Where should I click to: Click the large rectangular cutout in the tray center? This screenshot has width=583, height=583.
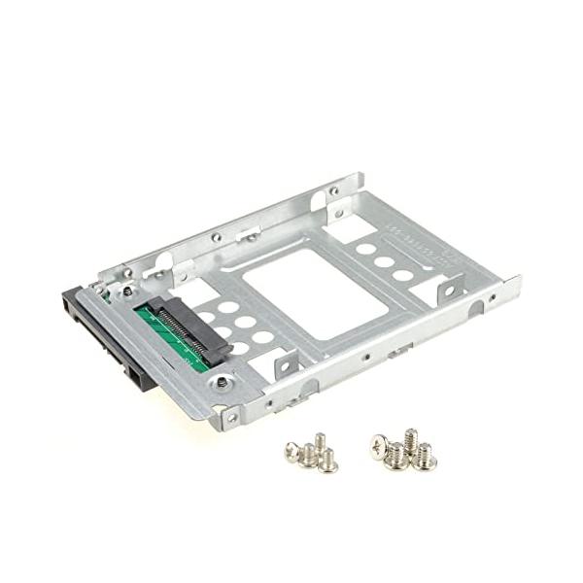(313, 291)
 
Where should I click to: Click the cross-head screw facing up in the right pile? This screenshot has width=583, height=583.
(378, 446)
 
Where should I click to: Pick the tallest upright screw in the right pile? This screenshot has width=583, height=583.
(410, 439)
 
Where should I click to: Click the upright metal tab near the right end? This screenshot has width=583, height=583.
(450, 288)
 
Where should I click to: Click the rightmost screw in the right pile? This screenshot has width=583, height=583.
(427, 457)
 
